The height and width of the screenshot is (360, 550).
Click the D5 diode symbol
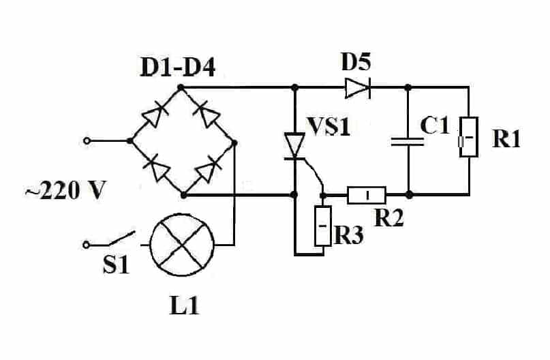point(356,88)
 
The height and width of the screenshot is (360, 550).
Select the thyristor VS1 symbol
point(294,145)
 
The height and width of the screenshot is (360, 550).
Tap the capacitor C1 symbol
point(408,141)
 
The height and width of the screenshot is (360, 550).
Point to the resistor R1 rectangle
point(468,137)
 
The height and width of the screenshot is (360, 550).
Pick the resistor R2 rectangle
point(367,195)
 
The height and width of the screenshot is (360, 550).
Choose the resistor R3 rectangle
point(322,224)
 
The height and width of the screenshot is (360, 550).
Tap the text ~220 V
point(66,191)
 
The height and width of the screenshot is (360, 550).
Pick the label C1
point(434,127)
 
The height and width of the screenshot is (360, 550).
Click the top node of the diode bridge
point(181,88)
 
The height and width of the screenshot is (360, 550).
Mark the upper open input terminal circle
point(87,140)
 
